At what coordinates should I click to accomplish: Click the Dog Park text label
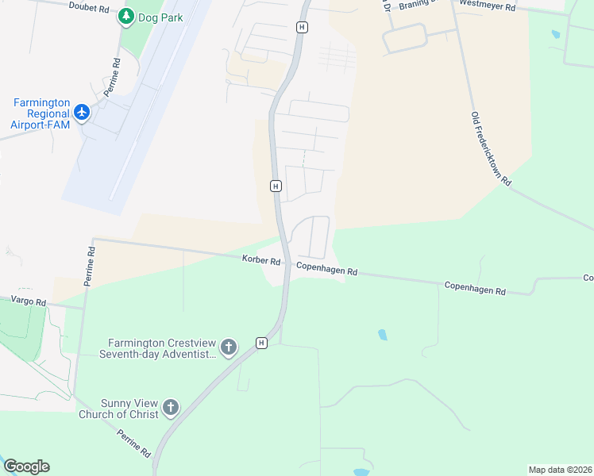pos(162,17)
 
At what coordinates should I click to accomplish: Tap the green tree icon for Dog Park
pos(125,17)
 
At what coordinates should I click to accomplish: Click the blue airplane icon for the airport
pos(82,112)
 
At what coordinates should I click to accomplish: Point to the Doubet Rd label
pos(88,8)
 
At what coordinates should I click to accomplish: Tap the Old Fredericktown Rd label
pos(491,148)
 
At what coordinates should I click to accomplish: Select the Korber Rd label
pos(261,260)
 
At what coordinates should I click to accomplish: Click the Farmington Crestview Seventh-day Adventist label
pos(157,348)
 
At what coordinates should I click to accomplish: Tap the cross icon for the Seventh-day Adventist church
pos(228,347)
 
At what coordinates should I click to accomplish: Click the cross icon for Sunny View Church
pos(170,408)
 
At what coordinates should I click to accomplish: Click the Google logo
pos(26,466)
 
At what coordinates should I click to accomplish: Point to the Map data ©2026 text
pos(559,470)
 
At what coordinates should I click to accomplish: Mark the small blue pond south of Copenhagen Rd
pos(384,334)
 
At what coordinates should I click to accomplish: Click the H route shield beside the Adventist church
pos(261,343)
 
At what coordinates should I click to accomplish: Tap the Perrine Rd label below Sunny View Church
pos(133,443)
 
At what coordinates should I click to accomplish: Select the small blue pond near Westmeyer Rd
pos(554,35)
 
